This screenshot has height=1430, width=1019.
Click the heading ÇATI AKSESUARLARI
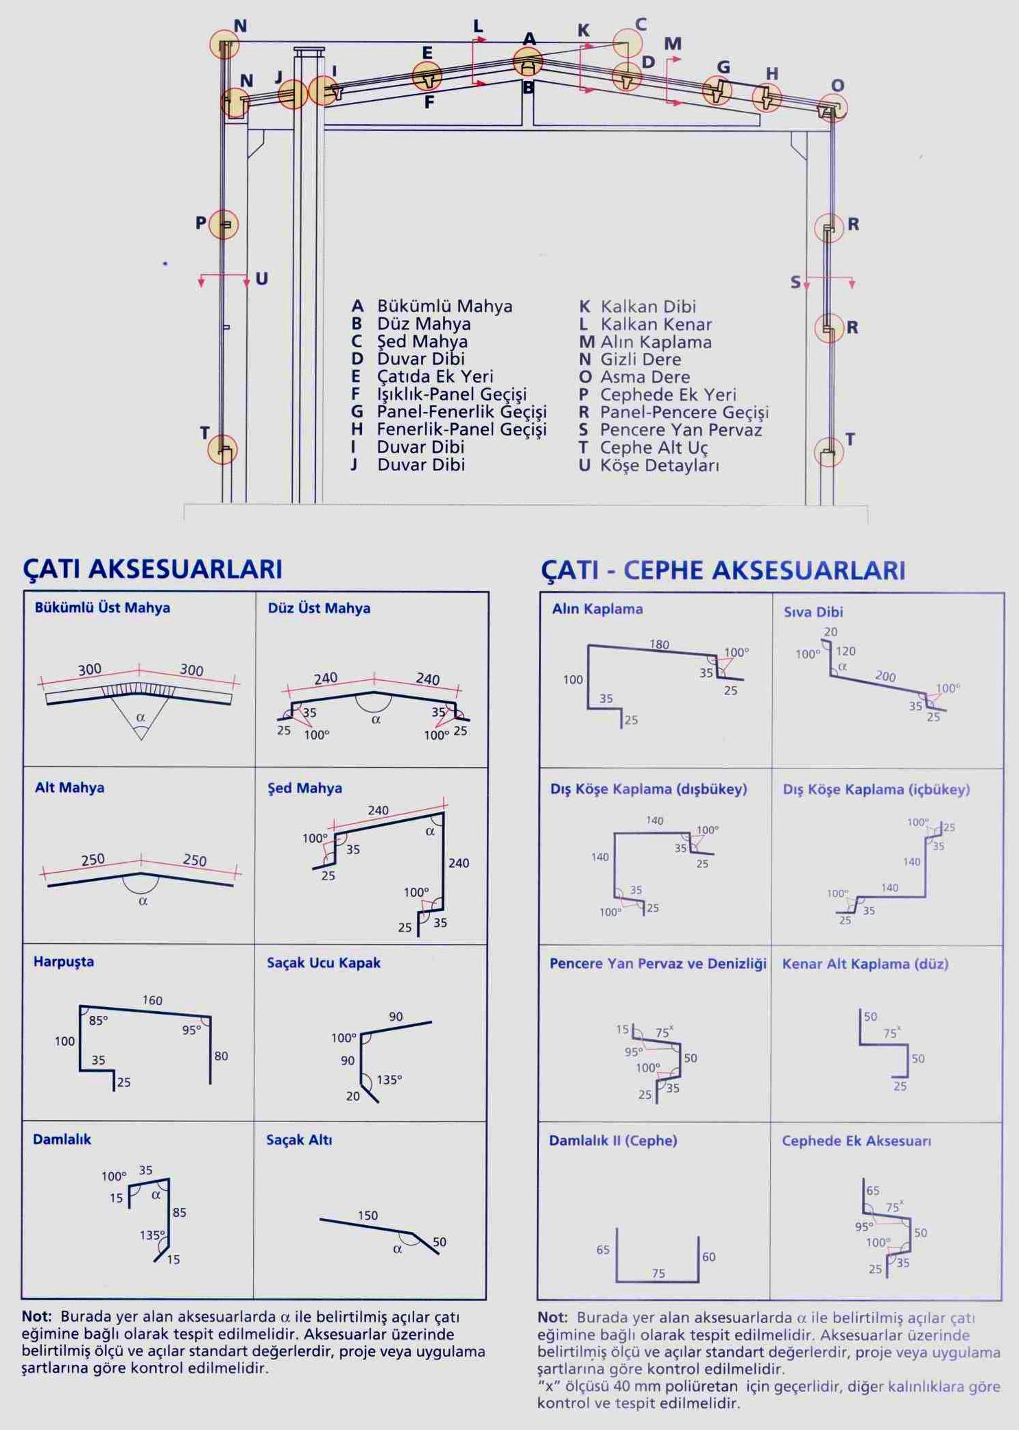click(x=152, y=569)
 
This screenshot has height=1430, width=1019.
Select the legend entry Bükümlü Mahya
click(x=444, y=306)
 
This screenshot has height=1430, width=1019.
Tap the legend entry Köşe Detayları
click(x=659, y=465)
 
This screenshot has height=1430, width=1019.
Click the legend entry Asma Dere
click(x=645, y=377)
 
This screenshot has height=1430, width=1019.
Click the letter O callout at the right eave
click(x=837, y=86)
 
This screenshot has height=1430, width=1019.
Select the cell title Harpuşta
click(x=64, y=962)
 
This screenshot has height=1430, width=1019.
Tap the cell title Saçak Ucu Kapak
click(x=324, y=963)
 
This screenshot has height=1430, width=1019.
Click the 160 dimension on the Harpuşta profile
click(x=152, y=1001)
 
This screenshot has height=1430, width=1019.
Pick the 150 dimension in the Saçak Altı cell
click(x=368, y=1215)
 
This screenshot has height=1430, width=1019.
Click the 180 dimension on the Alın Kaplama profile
click(x=659, y=644)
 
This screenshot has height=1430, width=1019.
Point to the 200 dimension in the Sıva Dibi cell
click(x=885, y=676)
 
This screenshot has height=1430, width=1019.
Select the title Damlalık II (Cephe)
click(x=612, y=1141)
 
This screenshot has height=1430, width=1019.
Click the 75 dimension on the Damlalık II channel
click(x=658, y=1274)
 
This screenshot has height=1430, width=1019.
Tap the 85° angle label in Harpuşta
click(x=98, y=1021)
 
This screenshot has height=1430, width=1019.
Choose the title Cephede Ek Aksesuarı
click(x=856, y=1141)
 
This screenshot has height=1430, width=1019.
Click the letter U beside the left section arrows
click(x=261, y=279)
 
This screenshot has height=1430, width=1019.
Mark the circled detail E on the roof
click(x=427, y=76)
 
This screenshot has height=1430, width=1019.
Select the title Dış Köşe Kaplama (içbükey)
click(x=876, y=790)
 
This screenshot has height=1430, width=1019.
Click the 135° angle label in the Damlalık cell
click(x=152, y=1235)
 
